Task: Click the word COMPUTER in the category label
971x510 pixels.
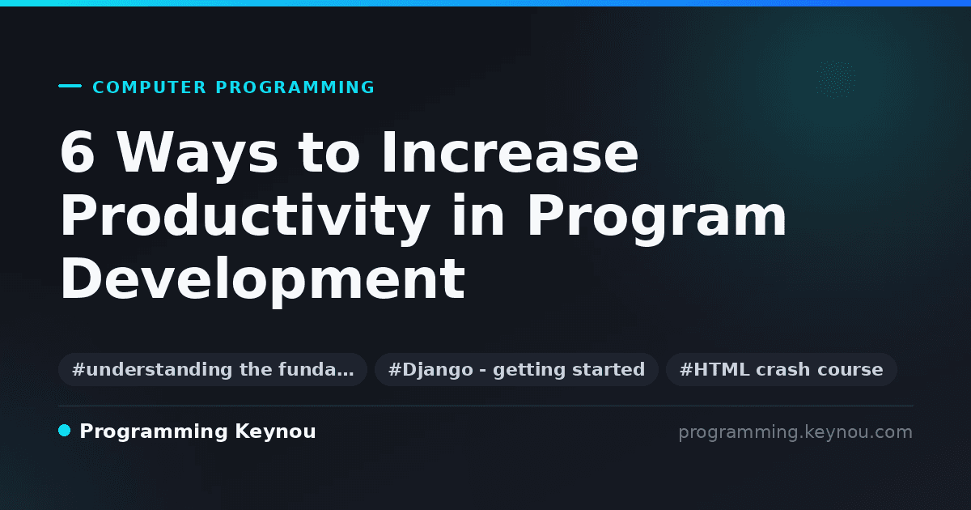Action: click(149, 87)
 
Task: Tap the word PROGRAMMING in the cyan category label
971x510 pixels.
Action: click(295, 87)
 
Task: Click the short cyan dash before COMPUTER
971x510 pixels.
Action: click(70, 86)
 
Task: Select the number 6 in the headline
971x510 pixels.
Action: click(77, 152)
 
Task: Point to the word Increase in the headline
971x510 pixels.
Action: click(510, 152)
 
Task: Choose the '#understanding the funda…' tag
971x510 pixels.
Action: click(213, 369)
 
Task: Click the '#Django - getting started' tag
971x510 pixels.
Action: click(517, 369)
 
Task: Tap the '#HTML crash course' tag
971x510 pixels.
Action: click(782, 369)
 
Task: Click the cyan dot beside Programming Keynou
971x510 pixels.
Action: click(65, 431)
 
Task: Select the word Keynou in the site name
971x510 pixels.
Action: click(275, 432)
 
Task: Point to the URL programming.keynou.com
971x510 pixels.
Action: click(795, 432)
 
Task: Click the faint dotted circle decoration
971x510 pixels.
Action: click(836, 79)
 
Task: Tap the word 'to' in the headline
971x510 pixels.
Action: click(329, 153)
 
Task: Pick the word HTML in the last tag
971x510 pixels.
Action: click(722, 369)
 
